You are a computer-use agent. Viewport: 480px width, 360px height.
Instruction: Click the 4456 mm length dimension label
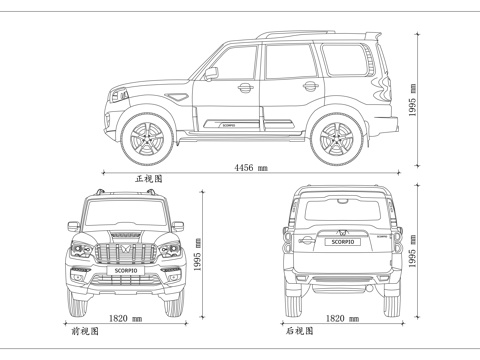[250, 167]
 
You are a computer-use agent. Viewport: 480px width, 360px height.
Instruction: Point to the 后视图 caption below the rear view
[297, 328]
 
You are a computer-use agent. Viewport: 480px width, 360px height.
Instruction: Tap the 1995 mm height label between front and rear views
[198, 255]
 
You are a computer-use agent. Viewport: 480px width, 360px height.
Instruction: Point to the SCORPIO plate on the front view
[125, 268]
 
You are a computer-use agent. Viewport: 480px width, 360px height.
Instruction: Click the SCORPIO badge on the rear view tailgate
[335, 241]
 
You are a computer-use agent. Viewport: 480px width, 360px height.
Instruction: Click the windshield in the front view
[125, 213]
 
